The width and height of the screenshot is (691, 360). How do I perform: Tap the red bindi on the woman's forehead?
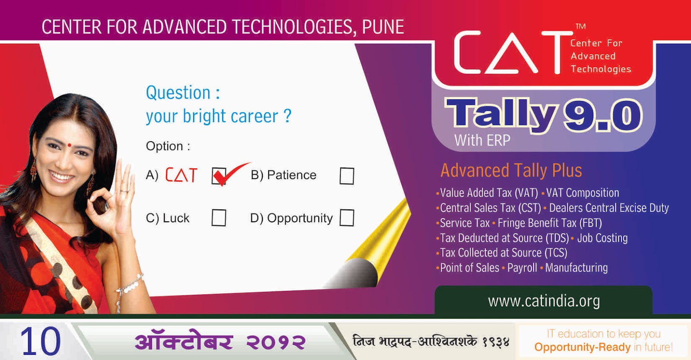pos(70,145)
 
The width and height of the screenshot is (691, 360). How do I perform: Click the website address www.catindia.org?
pos(544,301)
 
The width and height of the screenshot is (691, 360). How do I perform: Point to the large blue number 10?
pos(41,341)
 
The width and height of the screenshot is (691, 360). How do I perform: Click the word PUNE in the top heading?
pos(383,27)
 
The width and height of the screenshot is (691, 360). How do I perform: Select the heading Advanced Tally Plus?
pos(511,171)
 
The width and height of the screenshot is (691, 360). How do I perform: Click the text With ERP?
pos(482,141)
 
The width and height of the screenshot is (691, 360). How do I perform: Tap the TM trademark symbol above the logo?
pos(580,26)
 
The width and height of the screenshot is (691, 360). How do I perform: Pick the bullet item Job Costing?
pos(602,238)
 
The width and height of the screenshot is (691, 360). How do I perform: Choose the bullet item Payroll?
pos(522,268)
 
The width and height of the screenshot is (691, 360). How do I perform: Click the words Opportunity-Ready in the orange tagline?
pos(583,347)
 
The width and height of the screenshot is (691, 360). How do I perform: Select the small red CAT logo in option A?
pos(181,175)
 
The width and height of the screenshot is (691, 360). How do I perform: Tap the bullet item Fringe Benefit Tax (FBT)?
pos(550,223)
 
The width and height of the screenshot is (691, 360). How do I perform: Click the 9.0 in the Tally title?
pos(602,115)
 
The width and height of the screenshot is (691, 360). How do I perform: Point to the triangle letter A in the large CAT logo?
pos(511,53)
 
